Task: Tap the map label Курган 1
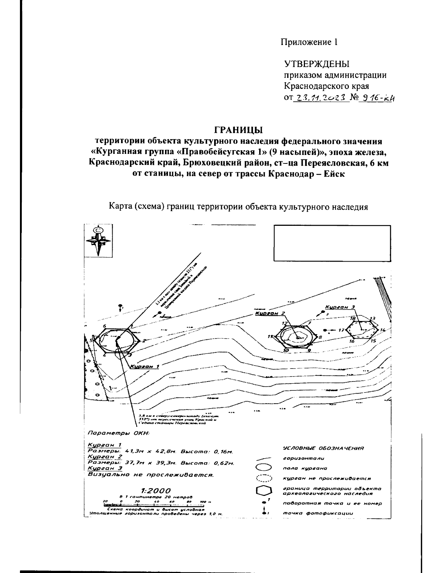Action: click(x=144, y=366)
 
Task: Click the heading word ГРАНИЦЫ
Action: click(x=238, y=130)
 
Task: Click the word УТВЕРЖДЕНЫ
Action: click(x=316, y=64)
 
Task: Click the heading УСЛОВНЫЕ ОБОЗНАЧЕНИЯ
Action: click(x=323, y=448)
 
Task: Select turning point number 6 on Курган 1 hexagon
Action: click(x=105, y=326)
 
